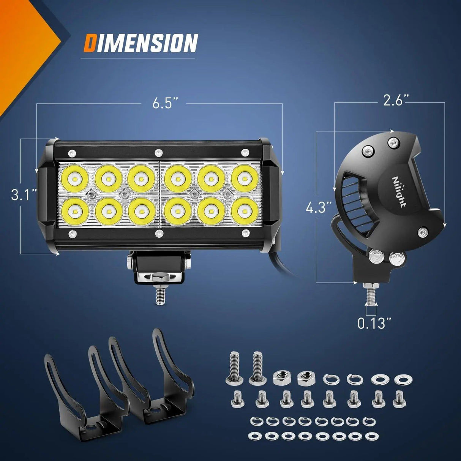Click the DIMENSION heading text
click(141, 43)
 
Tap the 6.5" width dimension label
click(165, 103)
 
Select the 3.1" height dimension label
click(24, 195)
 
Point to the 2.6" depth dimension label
click(395, 101)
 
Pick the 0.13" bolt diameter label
click(374, 323)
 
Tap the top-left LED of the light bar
click(74, 178)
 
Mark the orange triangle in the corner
click(23, 46)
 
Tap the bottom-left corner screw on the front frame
click(70, 234)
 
